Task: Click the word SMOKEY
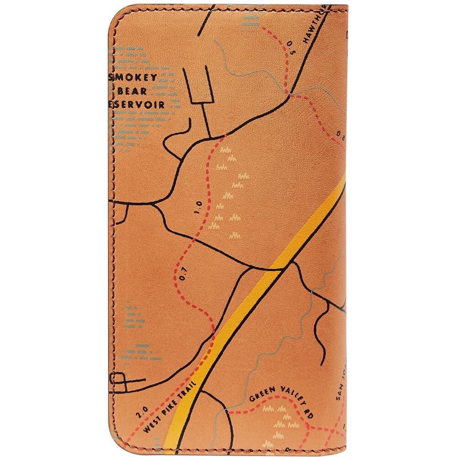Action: coord(133,77)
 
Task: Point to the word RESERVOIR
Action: coord(137,104)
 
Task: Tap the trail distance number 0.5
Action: coord(290,45)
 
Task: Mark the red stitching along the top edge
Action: coord(228,7)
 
